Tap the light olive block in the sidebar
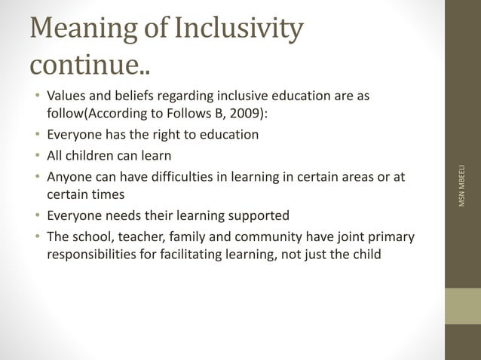pyautogui.click(x=462, y=307)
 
